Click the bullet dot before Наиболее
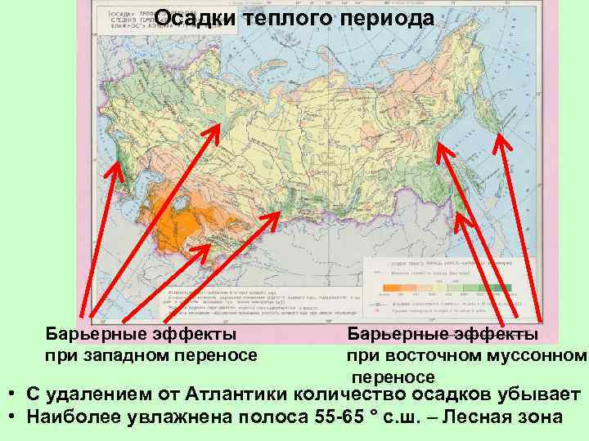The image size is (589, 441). click(14, 416)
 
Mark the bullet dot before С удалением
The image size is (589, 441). click(14, 395)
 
